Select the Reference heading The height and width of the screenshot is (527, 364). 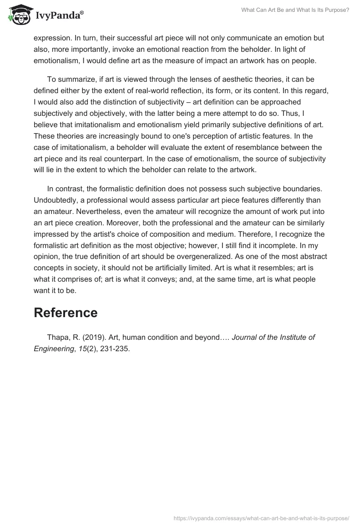(x=66, y=313)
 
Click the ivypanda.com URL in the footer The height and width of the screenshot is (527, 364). (x=262, y=517)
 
